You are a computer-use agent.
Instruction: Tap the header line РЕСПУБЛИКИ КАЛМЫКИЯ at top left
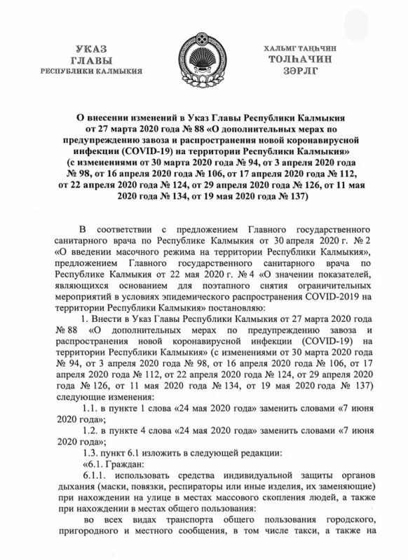(91, 71)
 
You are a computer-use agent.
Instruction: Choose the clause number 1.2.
(90, 430)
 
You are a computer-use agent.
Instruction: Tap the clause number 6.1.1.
(95, 477)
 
